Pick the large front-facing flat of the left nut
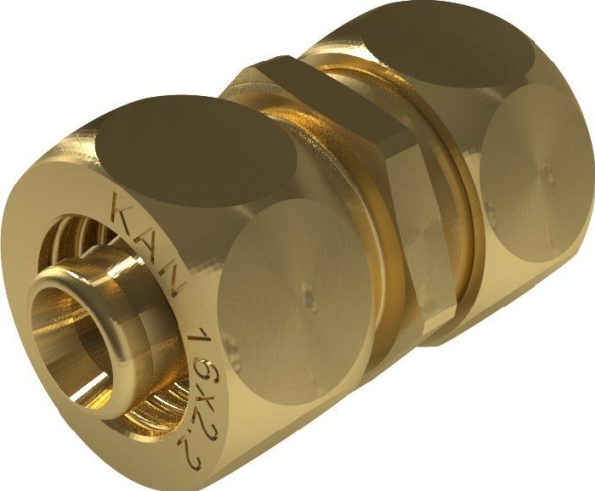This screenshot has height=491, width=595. (x=288, y=298)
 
